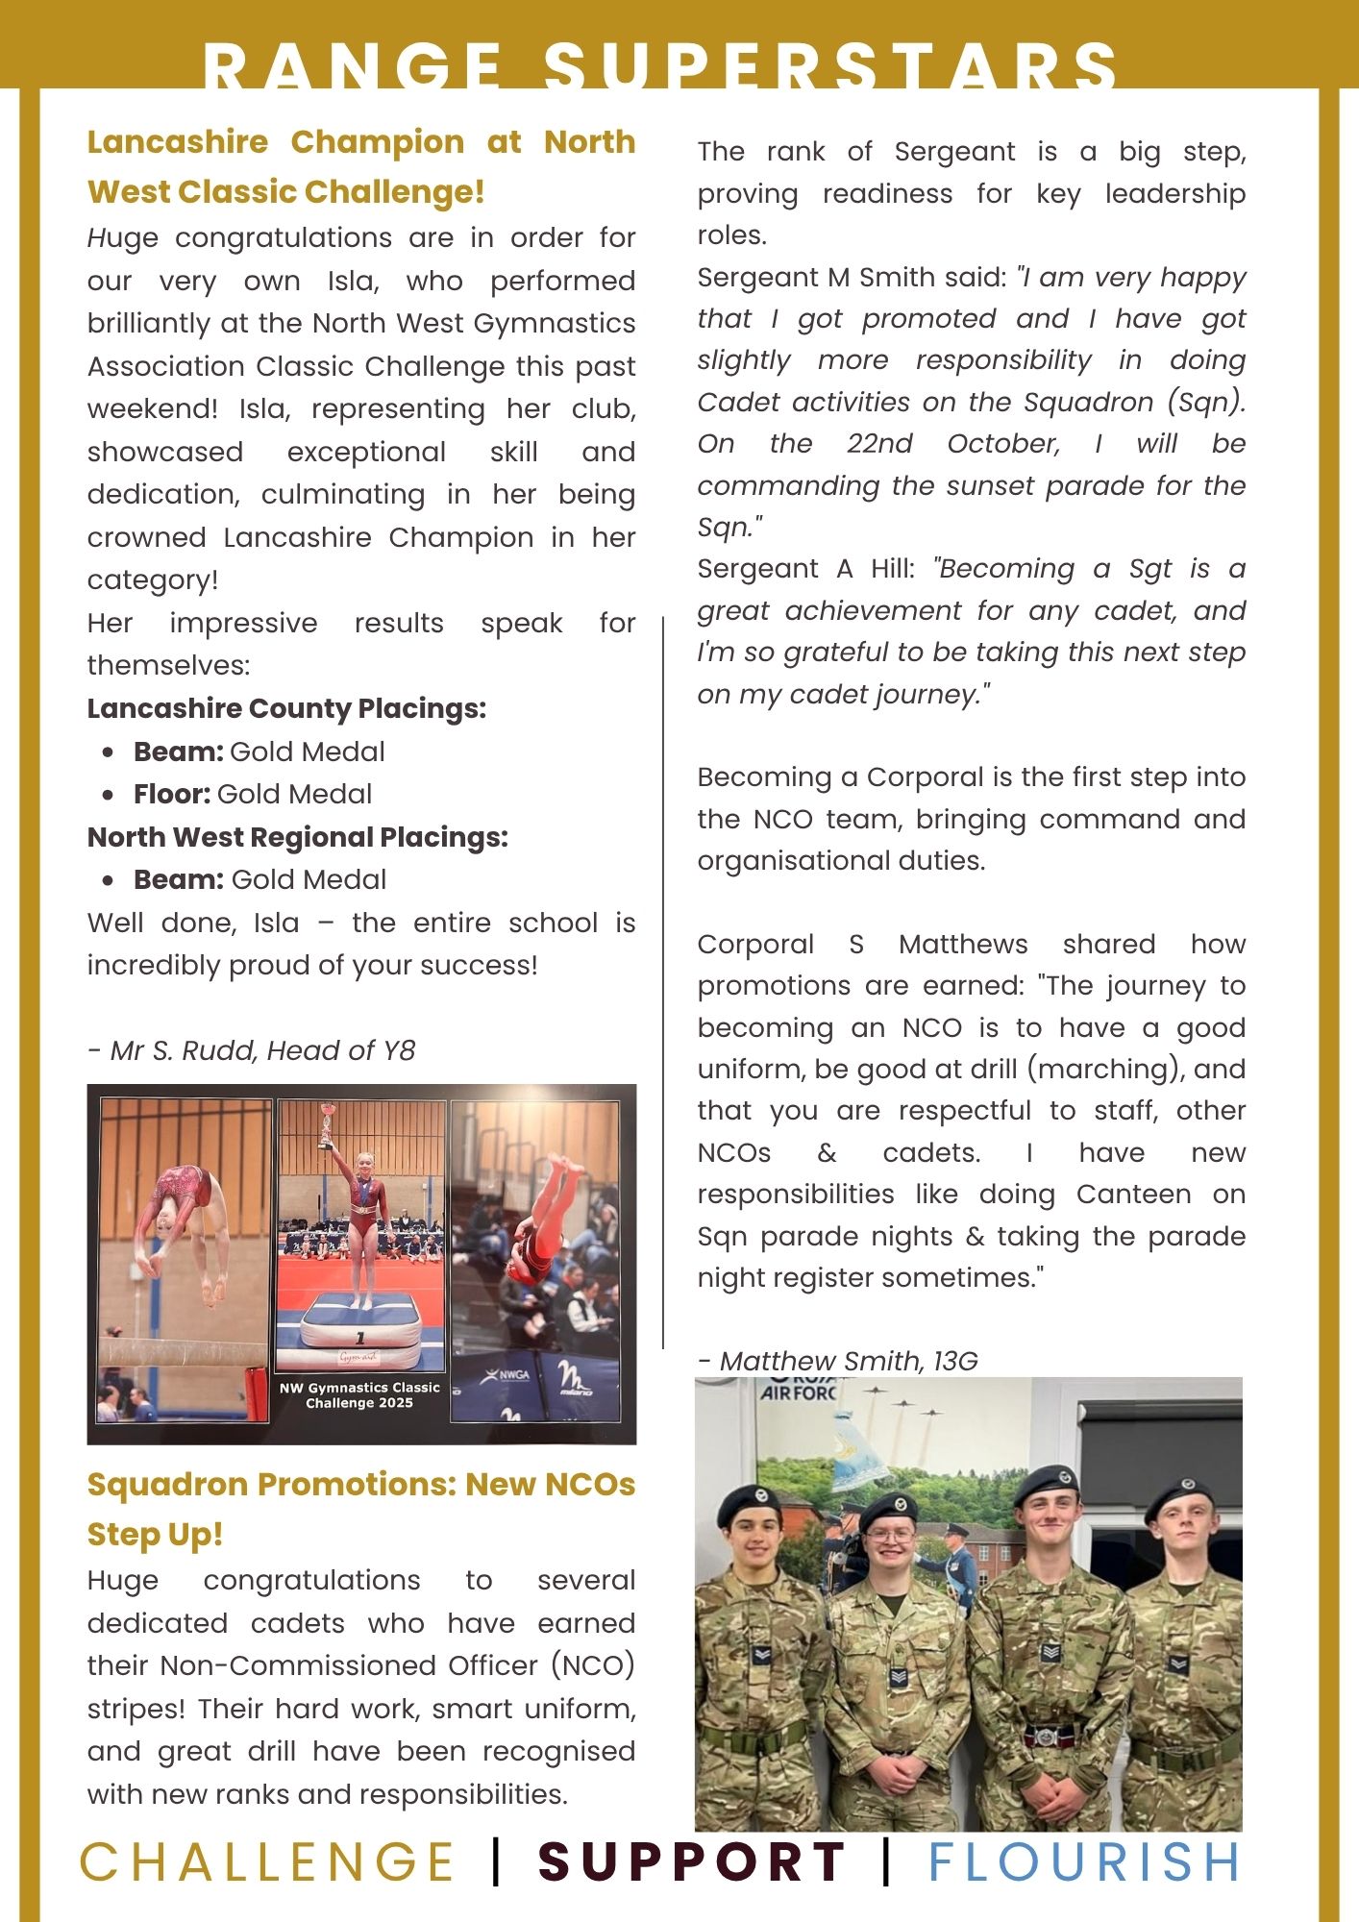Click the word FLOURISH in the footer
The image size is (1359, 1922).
click(x=1084, y=1861)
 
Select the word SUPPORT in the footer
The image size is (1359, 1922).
click(x=692, y=1861)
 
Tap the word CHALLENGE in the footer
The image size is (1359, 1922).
click(x=267, y=1861)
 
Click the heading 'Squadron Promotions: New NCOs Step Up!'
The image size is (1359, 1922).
click(x=360, y=1509)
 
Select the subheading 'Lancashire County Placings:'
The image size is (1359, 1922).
click(x=286, y=708)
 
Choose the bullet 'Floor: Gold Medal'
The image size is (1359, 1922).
click(x=253, y=794)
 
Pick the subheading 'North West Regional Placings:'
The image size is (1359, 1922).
click(x=297, y=837)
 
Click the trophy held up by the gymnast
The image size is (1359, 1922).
click(x=328, y=1123)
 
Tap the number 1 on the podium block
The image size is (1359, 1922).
click(x=360, y=1338)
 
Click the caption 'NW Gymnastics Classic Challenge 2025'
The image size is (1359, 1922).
click(x=359, y=1395)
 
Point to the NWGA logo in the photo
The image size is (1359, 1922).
click(x=507, y=1375)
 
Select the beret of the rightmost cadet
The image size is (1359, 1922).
click(x=1179, y=1495)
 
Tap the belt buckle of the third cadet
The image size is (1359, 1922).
click(x=1045, y=1737)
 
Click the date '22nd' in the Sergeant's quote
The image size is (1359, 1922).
click(x=879, y=444)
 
